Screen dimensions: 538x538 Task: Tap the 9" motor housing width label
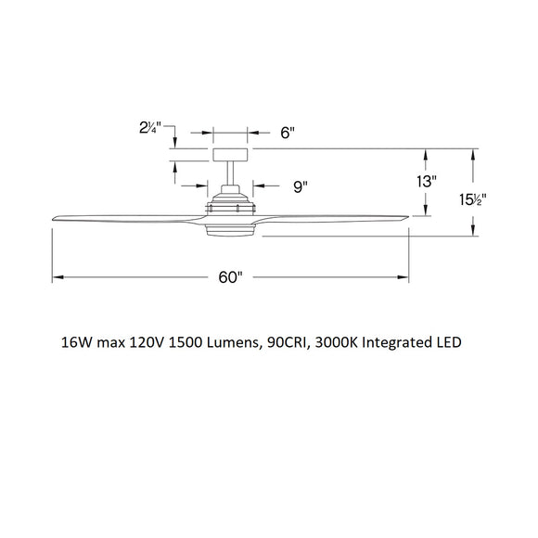300,186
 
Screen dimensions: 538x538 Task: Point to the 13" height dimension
427,183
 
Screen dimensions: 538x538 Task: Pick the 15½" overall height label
474,199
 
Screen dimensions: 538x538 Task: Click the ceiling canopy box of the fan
230,156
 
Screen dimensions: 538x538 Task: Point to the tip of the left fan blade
56,217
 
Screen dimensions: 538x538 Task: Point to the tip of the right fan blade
404,218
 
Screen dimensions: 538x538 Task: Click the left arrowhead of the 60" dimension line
57,277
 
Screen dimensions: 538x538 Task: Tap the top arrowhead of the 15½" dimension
474,153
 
